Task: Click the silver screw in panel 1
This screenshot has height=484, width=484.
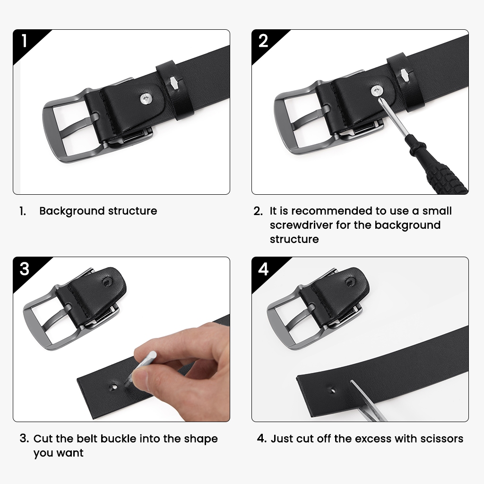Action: tap(147, 99)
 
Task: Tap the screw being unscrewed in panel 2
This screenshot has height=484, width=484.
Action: tap(377, 91)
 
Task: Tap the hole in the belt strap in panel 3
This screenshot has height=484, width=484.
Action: tap(114, 387)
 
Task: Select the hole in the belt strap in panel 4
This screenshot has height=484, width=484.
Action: tap(333, 390)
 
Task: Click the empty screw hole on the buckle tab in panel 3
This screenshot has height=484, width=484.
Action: tap(108, 282)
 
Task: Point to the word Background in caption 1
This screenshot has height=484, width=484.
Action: tap(72, 211)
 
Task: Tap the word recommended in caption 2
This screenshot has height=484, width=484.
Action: tap(332, 211)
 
